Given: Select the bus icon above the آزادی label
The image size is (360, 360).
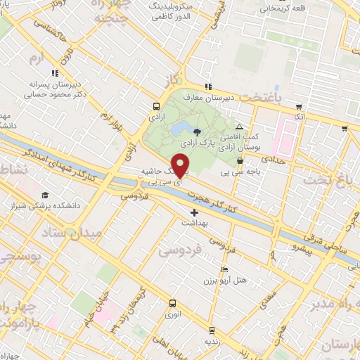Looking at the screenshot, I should point(155,107).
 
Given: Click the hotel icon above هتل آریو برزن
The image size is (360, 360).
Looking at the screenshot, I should point(224,270).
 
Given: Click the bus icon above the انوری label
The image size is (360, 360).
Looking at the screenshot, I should point(172,304).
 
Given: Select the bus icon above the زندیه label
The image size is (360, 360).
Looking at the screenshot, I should point(212,330).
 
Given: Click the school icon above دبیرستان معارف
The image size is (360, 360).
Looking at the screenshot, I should point(208,86).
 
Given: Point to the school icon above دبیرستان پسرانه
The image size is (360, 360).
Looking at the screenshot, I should point(53,72).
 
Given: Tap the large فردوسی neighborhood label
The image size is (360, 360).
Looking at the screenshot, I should point(180,249).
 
